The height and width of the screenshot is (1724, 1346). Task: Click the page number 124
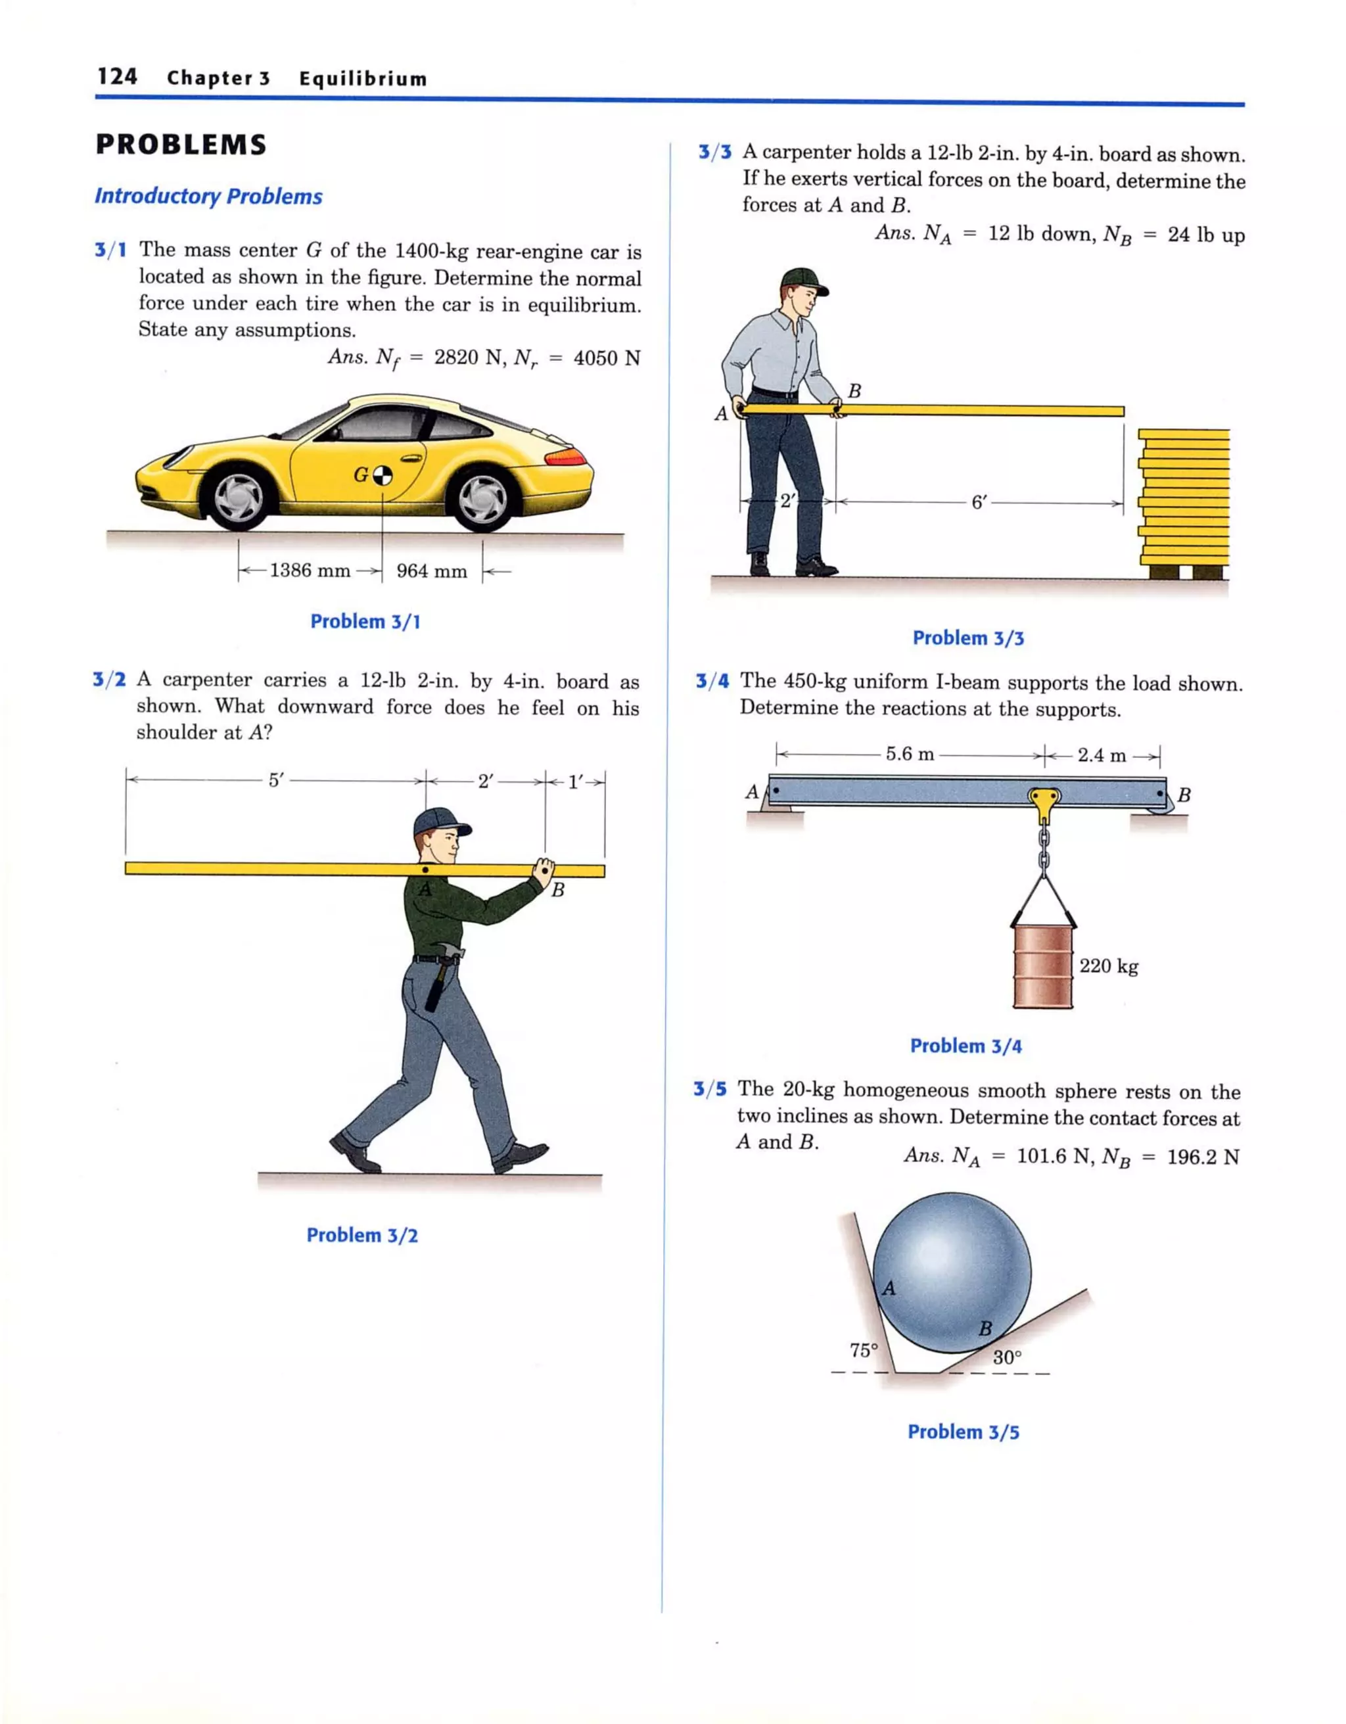(x=117, y=76)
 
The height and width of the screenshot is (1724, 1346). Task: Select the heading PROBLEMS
(x=181, y=145)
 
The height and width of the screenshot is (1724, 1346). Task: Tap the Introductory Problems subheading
(x=208, y=197)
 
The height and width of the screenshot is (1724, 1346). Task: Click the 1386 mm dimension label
(x=310, y=570)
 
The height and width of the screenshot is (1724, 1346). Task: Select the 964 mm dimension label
(x=431, y=571)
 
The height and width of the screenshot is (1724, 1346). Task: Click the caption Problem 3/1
(x=365, y=621)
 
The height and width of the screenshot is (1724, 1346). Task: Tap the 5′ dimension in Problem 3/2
(x=275, y=781)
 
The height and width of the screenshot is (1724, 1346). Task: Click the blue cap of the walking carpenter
(x=439, y=822)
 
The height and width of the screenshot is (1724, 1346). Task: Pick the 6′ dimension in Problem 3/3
(x=979, y=502)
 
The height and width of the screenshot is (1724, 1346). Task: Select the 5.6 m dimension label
(x=910, y=754)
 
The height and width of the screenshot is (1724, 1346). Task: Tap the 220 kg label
(x=1108, y=966)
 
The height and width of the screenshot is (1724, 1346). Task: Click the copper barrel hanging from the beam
(x=1043, y=966)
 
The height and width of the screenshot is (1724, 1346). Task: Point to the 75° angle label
(x=864, y=1350)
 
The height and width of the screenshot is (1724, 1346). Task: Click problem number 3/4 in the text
(x=712, y=681)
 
